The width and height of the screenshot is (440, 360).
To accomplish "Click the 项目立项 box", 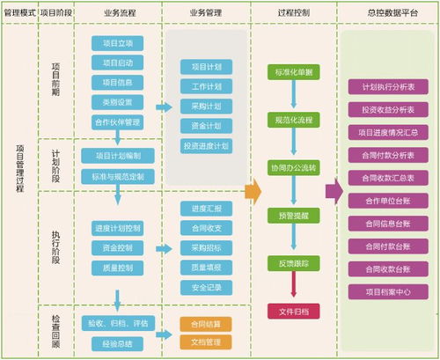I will pyautogui.click(x=117, y=43).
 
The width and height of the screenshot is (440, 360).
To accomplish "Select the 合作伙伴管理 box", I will pyautogui.click(x=117, y=122).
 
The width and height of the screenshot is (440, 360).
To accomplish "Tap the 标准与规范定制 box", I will pyautogui.click(x=117, y=176).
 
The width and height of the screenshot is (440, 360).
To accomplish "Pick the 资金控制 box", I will pyautogui.click(x=117, y=247).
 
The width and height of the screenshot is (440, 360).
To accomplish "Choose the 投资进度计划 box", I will pyautogui.click(x=206, y=145).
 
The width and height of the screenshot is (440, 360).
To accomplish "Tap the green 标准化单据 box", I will pyautogui.click(x=292, y=72).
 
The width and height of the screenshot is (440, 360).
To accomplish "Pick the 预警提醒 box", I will pyautogui.click(x=292, y=215).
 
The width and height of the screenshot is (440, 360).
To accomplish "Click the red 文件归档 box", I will pyautogui.click(x=292, y=311).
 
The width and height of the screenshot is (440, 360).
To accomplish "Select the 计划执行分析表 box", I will pyautogui.click(x=387, y=88).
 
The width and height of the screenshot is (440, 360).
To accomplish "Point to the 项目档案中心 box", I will pyautogui.click(x=387, y=291).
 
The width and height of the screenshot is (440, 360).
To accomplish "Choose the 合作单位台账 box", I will pyautogui.click(x=387, y=201).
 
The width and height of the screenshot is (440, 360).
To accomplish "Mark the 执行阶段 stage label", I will pyautogui.click(x=56, y=239).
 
